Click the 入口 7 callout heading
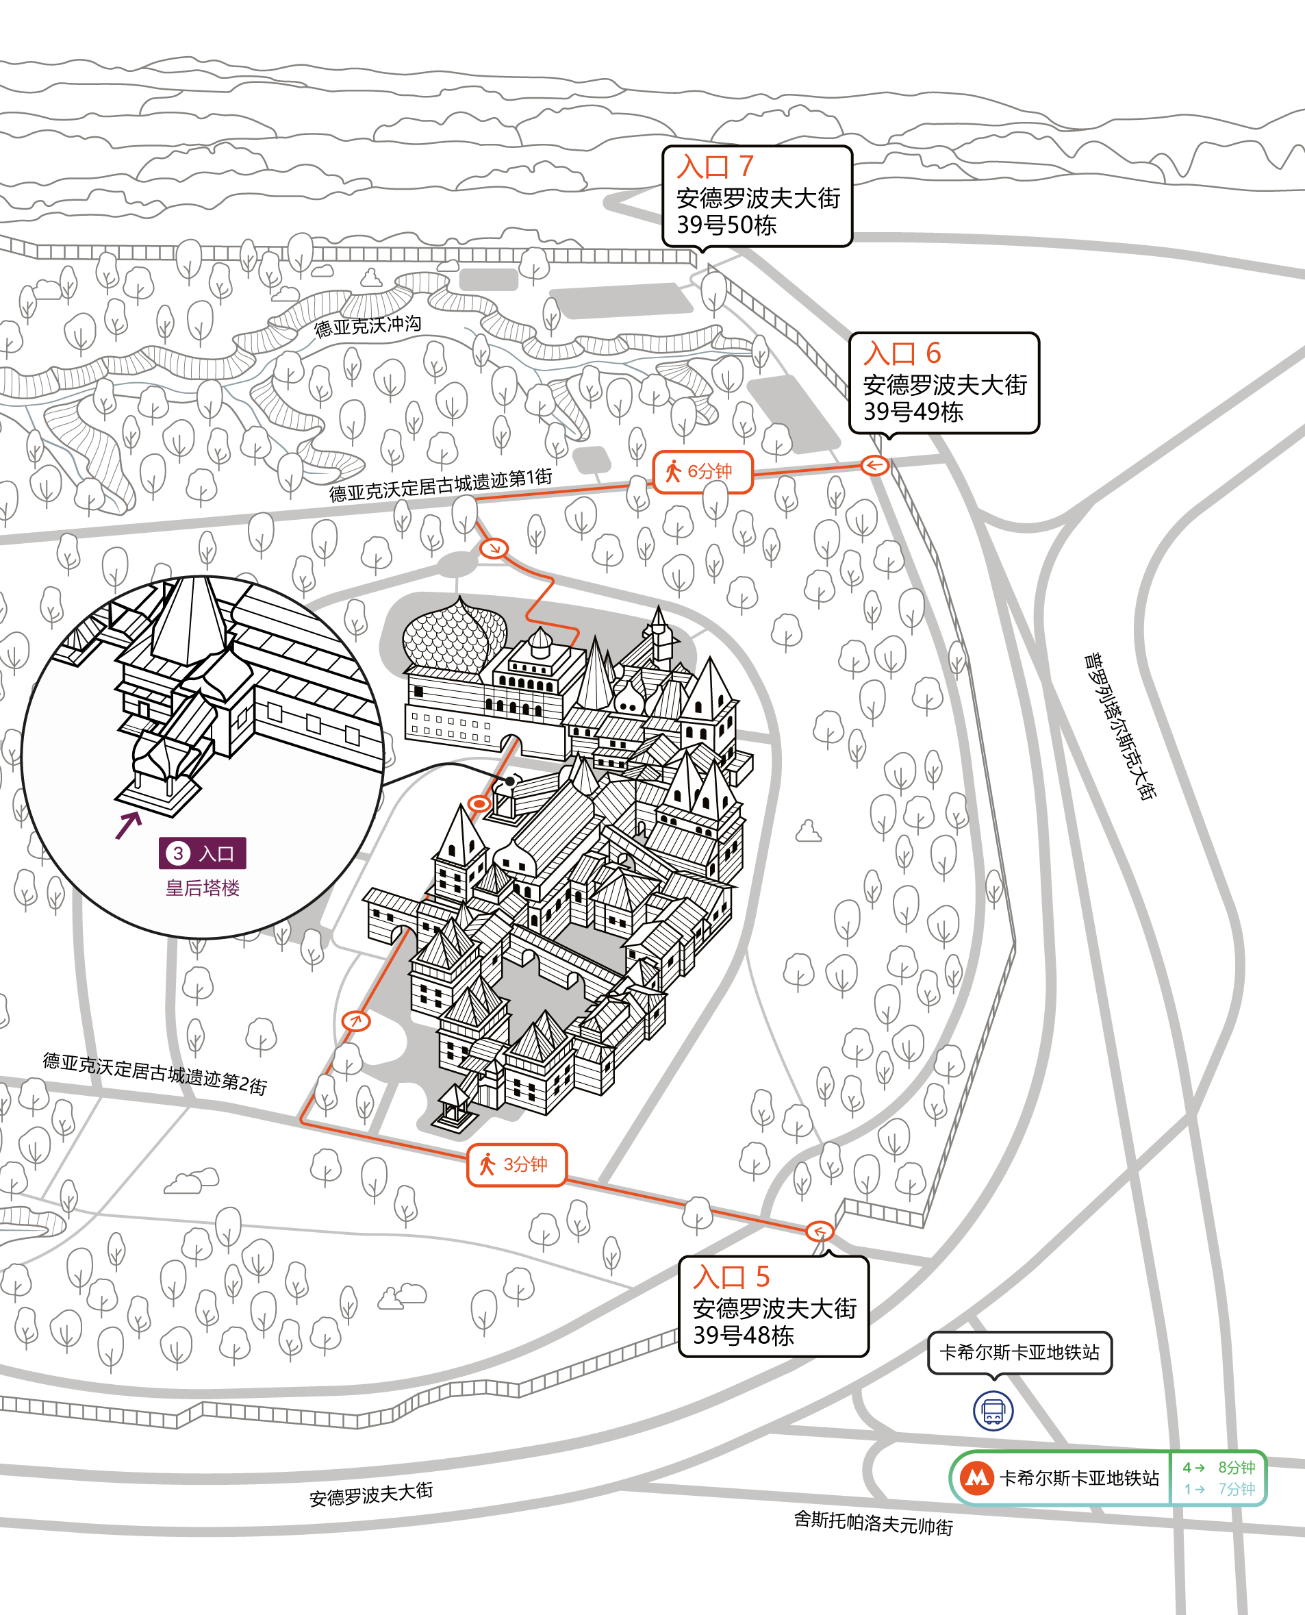pyautogui.click(x=714, y=166)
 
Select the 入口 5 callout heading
pyautogui.click(x=731, y=1277)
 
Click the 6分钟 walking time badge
pyautogui.click(x=702, y=471)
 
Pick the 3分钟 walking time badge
pyautogui.click(x=516, y=1164)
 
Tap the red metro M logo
pyautogui.click(x=976, y=1478)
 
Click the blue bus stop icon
pyautogui.click(x=993, y=1410)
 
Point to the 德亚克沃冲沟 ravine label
pyautogui.click(x=368, y=326)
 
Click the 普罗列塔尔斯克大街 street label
pyautogui.click(x=1119, y=726)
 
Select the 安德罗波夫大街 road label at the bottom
pyautogui.click(x=371, y=1493)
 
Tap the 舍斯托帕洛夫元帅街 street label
pyautogui.click(x=874, y=1523)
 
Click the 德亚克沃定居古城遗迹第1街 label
pyautogui.click(x=440, y=485)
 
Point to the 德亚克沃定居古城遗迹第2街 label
pyautogui.click(x=155, y=1073)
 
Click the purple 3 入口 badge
pyautogui.click(x=202, y=853)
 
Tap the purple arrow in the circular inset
pyautogui.click(x=129, y=825)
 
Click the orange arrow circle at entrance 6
pyautogui.click(x=874, y=466)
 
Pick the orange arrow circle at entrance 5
pyautogui.click(x=820, y=1231)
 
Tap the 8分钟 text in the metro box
pyautogui.click(x=1237, y=1467)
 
